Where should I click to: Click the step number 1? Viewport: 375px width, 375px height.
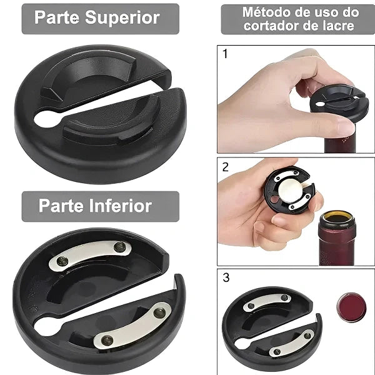tap(226, 54)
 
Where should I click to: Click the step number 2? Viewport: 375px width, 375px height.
tap(226, 167)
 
